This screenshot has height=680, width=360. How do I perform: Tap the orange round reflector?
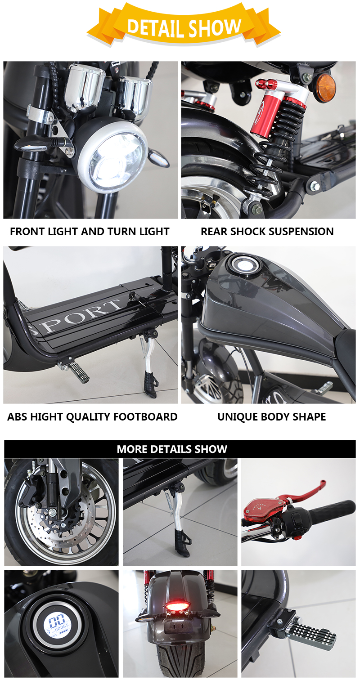click(325, 88)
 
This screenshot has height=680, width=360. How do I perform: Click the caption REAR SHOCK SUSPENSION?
click(267, 232)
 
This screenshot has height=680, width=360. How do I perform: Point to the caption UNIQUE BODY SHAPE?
click(272, 417)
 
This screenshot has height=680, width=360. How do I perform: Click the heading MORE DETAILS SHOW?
click(172, 449)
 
